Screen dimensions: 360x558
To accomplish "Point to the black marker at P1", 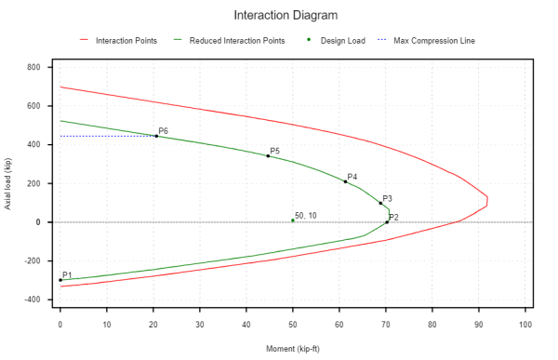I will [x=60, y=280].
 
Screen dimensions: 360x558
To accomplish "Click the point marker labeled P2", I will [x=387, y=222].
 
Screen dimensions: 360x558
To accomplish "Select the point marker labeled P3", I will [x=380, y=204].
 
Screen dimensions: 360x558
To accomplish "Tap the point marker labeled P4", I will [x=345, y=181].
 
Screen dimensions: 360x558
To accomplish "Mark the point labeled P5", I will [x=268, y=155].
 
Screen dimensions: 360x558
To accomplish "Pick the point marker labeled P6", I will [x=156, y=136].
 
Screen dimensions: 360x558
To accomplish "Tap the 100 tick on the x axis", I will [x=526, y=325].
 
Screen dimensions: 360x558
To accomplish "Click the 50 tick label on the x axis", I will [x=293, y=325].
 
